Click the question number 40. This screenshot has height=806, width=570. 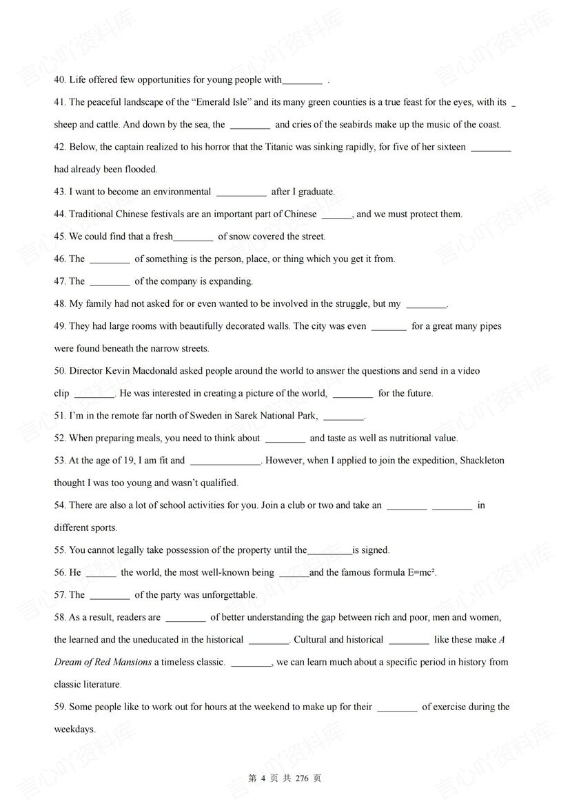(61, 80)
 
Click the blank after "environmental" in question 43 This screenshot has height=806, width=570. (241, 192)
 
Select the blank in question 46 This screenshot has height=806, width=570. (110, 259)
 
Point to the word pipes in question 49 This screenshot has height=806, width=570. (489, 326)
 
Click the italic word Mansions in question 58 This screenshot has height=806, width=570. (132, 663)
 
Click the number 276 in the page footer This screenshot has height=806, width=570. (301, 778)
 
